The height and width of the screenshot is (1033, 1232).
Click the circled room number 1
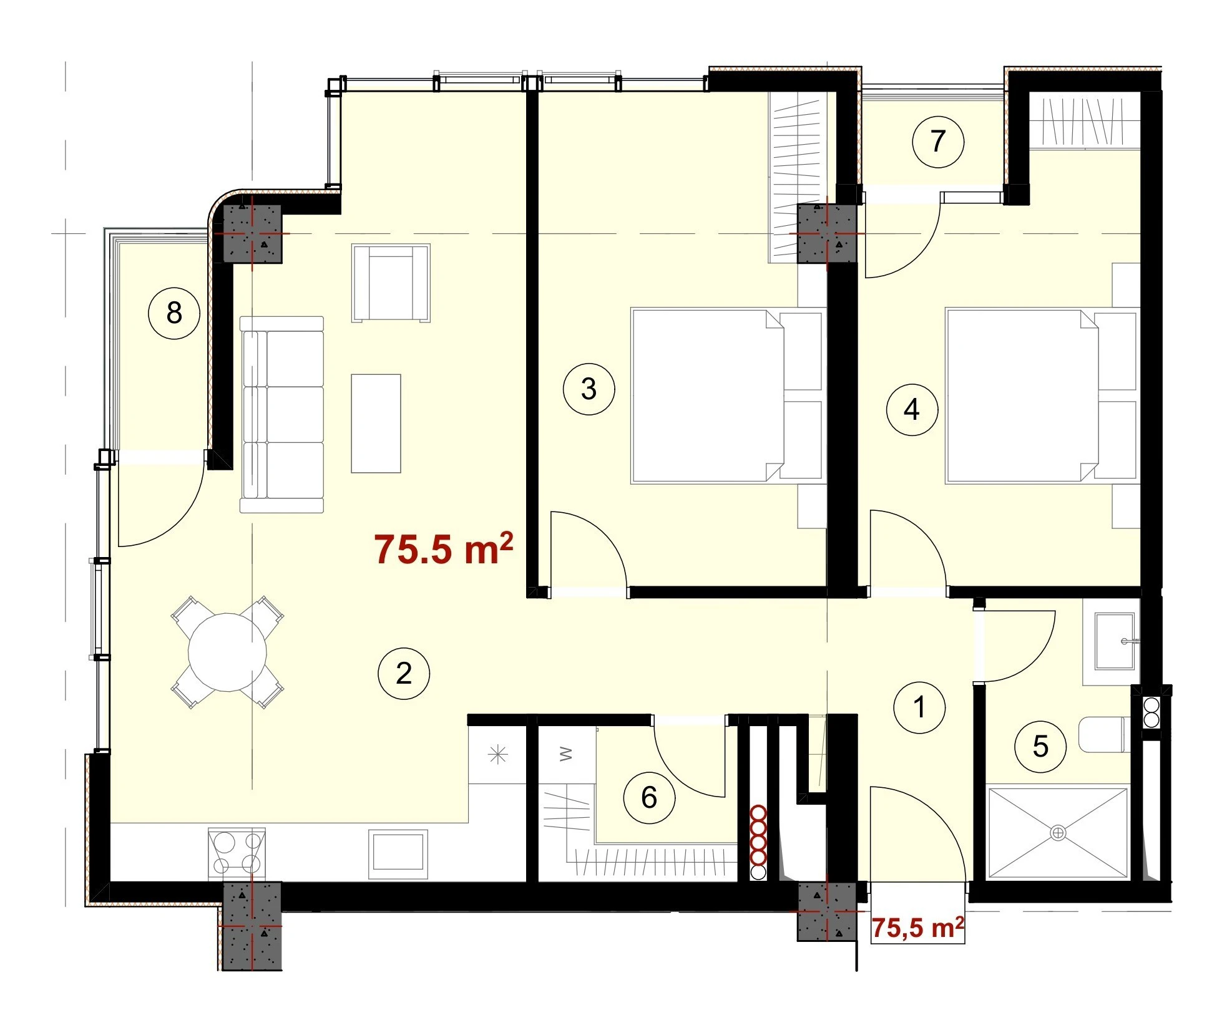[919, 707]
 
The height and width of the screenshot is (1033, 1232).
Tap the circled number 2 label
[404, 674]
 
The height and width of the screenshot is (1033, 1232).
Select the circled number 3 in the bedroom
[589, 389]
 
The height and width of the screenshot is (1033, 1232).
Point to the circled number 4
[912, 410]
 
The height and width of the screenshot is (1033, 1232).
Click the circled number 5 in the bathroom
[1040, 746]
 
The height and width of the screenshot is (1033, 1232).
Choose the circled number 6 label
[649, 798]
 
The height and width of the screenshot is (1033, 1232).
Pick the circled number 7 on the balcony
[938, 142]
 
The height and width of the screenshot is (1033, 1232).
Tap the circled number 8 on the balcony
[174, 313]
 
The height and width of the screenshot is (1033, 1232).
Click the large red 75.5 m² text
[444, 548]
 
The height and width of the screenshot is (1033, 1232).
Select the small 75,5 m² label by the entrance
[917, 928]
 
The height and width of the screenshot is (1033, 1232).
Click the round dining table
[228, 652]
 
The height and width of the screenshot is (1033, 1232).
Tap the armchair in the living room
[391, 283]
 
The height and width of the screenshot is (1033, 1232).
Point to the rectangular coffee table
[376, 424]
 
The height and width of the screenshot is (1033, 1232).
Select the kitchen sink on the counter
[398, 853]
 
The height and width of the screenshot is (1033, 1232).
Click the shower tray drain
[1058, 833]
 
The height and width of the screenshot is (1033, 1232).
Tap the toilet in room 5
[1105, 735]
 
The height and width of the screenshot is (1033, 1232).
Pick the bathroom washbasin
[1115, 641]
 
